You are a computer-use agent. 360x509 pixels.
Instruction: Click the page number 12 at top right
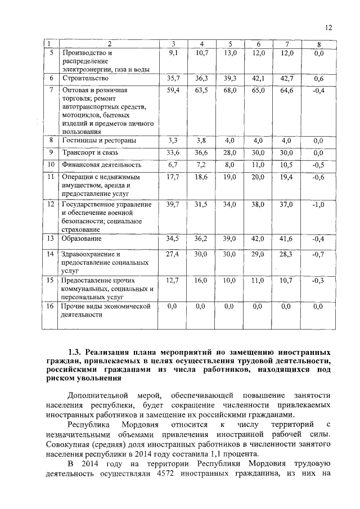pyautogui.click(x=329, y=28)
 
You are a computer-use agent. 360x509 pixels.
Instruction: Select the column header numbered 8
pyautogui.click(x=318, y=44)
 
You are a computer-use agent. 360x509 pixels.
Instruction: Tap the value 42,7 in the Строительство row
pyautogui.click(x=286, y=79)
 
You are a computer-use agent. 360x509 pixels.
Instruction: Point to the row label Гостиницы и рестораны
pyautogui.click(x=98, y=140)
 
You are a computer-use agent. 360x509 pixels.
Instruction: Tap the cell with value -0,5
pyautogui.click(x=318, y=164)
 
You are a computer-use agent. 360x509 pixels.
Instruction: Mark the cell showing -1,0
pyautogui.click(x=318, y=205)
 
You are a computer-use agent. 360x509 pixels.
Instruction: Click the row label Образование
pyautogui.click(x=82, y=239)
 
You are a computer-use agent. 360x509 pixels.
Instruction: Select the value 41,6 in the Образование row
pyautogui.click(x=286, y=239)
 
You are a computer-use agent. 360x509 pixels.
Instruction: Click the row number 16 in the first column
pyautogui.click(x=50, y=306)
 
